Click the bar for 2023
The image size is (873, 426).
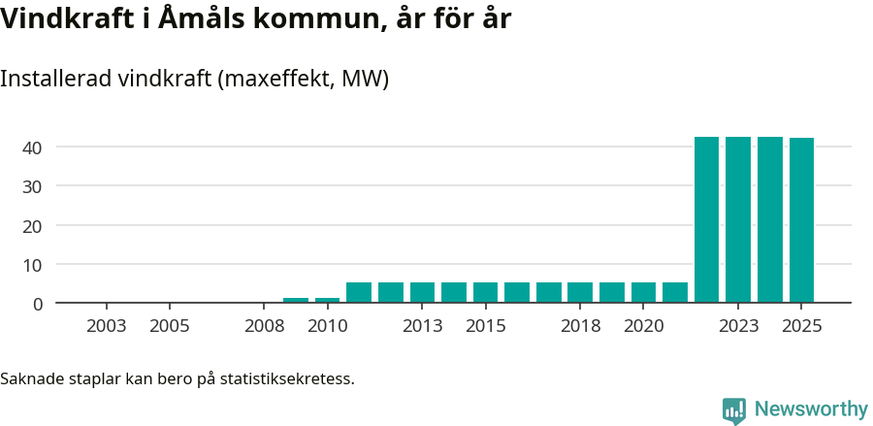738,219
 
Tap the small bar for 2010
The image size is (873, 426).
328,300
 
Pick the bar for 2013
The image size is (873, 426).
423,292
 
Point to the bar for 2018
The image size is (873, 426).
580,292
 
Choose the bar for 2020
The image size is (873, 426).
643,292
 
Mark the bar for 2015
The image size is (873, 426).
486,292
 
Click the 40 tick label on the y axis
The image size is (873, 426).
33,147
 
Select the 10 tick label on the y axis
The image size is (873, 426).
33,264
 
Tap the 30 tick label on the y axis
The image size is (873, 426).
33,186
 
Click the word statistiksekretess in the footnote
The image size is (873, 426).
287,377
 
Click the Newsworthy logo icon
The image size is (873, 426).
734,410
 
